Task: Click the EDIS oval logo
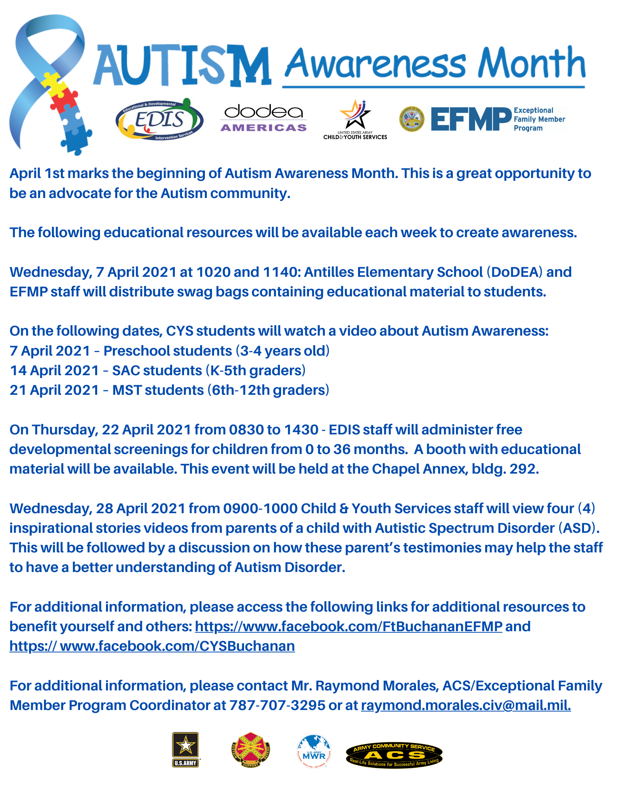159,120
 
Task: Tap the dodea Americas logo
264,118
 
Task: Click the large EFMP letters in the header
471,119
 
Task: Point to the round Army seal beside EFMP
412,119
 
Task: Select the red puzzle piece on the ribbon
63,100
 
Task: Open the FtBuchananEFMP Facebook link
348,626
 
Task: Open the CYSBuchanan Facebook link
152,646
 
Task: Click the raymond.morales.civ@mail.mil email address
466,705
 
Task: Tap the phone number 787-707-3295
277,705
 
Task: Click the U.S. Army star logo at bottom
185,750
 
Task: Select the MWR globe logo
314,751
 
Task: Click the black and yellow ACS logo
394,754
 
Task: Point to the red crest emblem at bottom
250,750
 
